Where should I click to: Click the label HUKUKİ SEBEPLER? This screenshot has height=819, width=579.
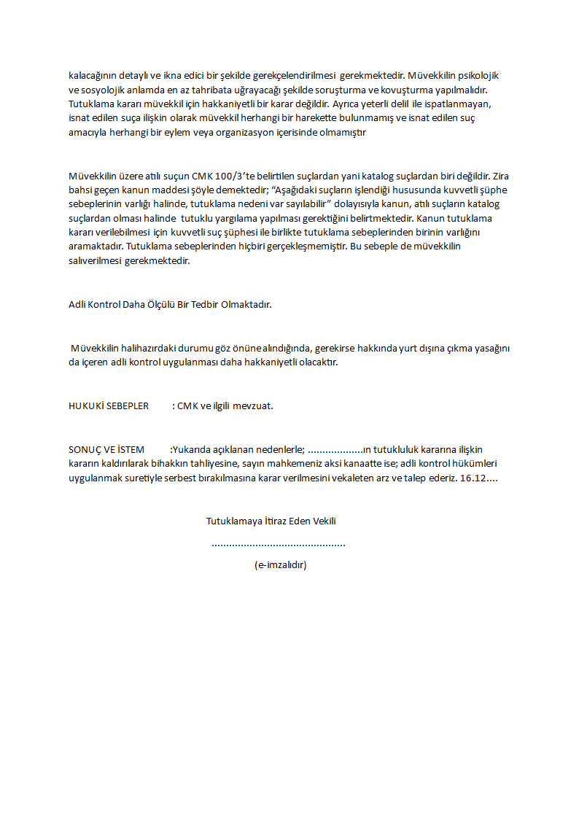109,405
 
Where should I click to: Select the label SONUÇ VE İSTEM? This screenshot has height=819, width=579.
106,449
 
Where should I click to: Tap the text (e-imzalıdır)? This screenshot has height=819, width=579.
281,564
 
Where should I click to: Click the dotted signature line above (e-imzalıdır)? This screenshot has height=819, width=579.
278,544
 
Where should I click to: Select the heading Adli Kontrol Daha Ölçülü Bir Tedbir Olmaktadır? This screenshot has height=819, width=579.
170,303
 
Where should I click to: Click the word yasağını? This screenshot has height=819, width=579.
491,348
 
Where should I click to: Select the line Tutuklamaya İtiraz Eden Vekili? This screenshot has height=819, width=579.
271,521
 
